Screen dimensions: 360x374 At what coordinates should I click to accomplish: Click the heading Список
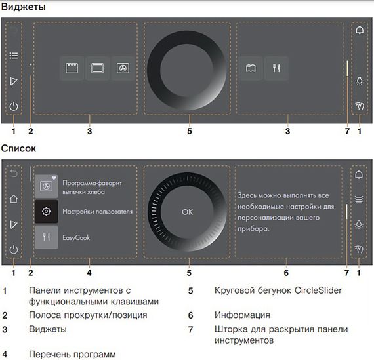click(x=19, y=149)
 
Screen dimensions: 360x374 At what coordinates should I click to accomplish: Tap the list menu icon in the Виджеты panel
click(x=14, y=56)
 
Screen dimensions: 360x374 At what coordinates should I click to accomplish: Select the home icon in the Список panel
click(x=14, y=199)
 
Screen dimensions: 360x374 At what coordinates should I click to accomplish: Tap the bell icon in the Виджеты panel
click(x=359, y=30)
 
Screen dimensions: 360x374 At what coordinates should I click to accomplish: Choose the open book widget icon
click(x=249, y=68)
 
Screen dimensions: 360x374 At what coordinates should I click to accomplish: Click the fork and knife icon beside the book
click(x=275, y=68)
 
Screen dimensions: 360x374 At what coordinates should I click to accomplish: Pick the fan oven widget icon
click(x=123, y=68)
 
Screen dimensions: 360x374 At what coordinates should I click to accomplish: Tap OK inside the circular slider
click(x=188, y=212)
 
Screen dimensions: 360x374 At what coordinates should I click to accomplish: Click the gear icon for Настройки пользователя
click(x=46, y=212)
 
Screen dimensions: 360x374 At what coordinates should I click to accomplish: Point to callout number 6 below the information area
click(x=287, y=271)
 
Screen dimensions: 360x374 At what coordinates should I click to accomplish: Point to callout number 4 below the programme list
click(x=89, y=271)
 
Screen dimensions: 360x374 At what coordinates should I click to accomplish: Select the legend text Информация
click(x=242, y=315)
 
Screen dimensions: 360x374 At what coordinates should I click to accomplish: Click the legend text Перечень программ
click(x=67, y=354)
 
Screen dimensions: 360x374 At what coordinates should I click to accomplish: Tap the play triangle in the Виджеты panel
click(x=14, y=81)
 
